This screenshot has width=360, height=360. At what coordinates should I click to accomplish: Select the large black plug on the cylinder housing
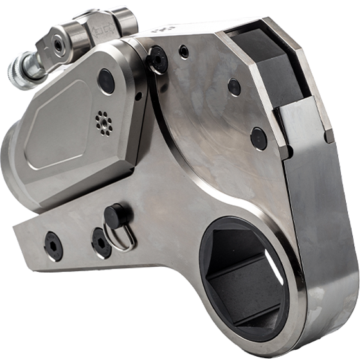[x=105, y=80]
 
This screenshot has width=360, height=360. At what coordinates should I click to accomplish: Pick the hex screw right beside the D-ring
[x=100, y=241]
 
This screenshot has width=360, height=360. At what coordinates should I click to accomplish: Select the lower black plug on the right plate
[x=258, y=136]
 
